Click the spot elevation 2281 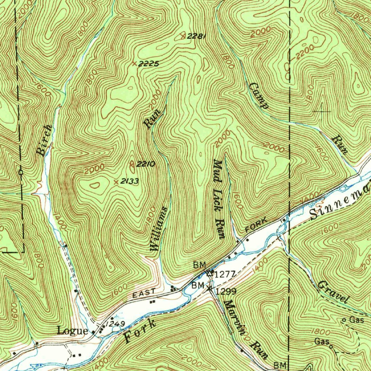point(197,36)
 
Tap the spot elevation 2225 point(149,64)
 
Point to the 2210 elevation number point(146,164)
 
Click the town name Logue point(72,331)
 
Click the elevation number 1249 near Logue point(116,323)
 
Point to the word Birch point(44,141)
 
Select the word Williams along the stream point(158,229)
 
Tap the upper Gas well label point(356,320)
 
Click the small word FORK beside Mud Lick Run point(256,225)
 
